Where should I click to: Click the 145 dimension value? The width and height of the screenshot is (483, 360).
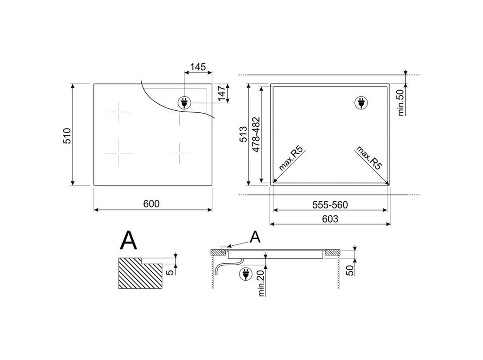click(x=198, y=67)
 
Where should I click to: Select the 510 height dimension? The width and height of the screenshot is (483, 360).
click(x=67, y=135)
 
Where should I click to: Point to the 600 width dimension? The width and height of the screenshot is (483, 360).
click(x=151, y=204)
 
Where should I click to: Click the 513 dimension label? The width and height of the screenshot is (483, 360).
click(x=243, y=134)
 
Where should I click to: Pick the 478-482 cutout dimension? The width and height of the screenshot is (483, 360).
click(x=256, y=134)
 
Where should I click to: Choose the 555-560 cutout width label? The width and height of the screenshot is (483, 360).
click(x=330, y=205)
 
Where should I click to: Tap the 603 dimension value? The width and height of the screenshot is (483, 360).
click(x=330, y=219)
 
